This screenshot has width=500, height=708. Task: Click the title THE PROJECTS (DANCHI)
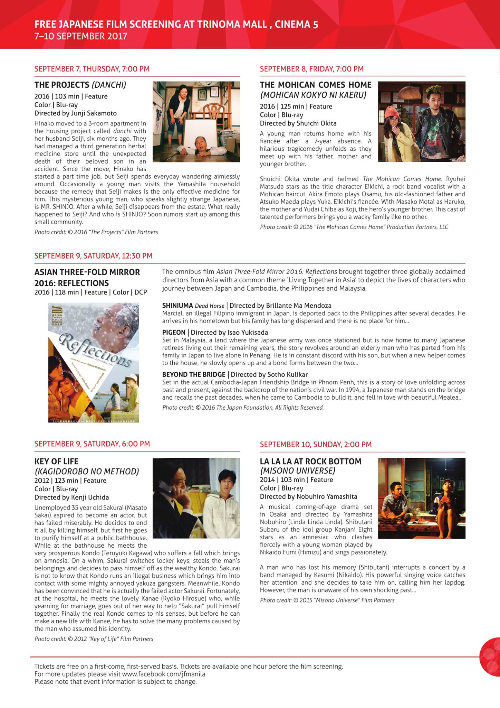click(80, 85)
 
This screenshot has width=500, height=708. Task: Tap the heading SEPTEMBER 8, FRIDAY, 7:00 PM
click(311, 69)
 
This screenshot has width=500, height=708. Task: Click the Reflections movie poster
click(94, 362)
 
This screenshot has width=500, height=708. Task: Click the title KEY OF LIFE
click(56, 462)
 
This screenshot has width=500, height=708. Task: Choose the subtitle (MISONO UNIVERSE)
click(297, 471)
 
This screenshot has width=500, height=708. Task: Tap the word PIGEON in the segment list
click(174, 333)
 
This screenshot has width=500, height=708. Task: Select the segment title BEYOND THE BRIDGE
click(193, 374)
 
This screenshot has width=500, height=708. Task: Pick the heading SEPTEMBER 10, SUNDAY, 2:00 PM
click(316, 445)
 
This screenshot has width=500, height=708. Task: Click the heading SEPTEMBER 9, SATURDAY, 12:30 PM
click(93, 256)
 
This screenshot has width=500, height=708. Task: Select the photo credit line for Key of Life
click(94, 639)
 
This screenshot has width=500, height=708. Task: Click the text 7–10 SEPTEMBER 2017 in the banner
click(81, 36)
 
